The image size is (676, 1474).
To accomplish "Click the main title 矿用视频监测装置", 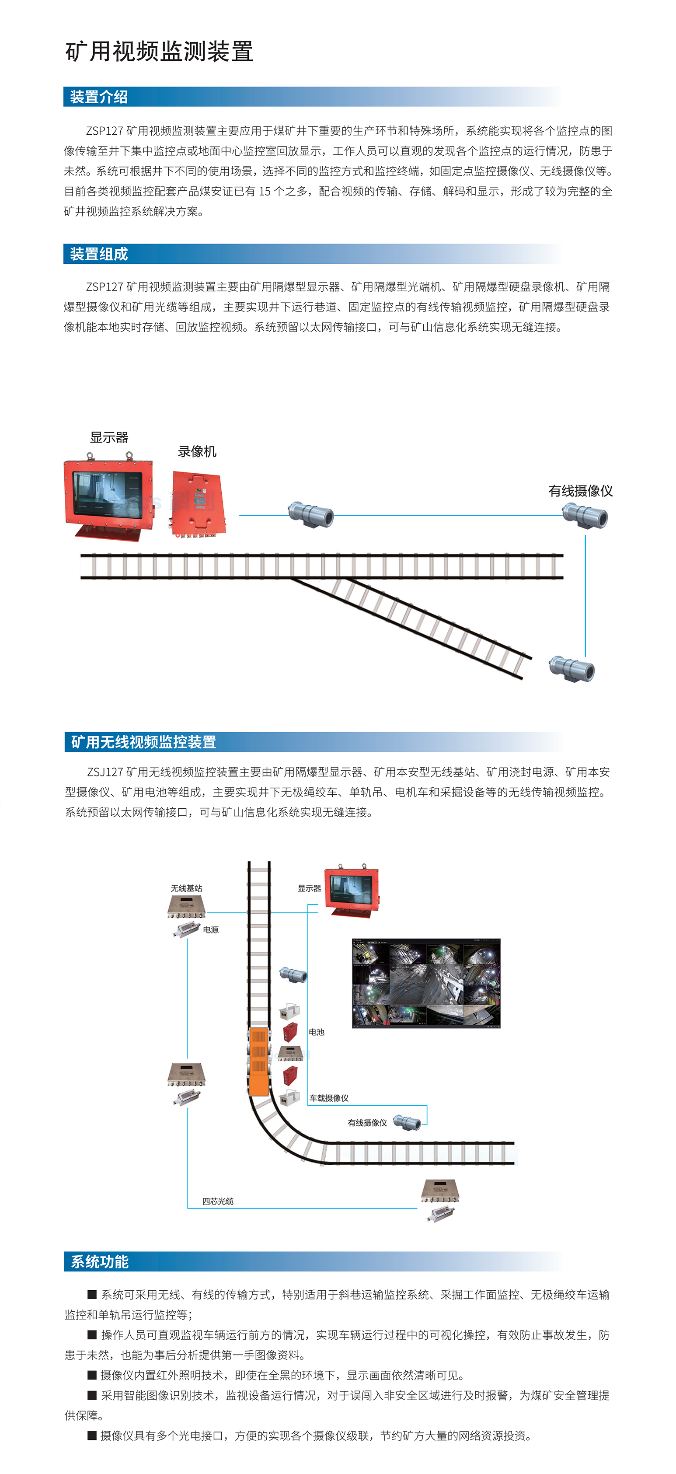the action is [160, 52].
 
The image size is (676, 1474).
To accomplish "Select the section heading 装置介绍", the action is [99, 97].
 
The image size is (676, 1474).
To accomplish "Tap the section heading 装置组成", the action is [99, 254].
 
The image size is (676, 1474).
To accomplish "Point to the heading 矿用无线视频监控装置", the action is [143, 742].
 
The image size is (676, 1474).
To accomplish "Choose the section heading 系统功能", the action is [100, 1262].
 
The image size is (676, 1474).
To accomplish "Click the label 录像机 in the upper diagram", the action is [197, 451].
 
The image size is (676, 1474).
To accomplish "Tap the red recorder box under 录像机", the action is [199, 503].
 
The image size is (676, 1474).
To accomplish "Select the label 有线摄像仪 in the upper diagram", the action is [581, 491].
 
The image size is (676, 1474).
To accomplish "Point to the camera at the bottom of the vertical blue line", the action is [572, 668].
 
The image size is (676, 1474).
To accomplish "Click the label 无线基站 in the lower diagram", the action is [186, 888].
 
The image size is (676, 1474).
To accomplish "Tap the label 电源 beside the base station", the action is [211, 930].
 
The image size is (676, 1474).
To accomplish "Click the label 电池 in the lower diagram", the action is [316, 1032].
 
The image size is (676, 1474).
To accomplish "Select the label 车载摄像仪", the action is [329, 1098].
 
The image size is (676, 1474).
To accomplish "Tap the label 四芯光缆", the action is [218, 1201].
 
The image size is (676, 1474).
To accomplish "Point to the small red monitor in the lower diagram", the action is [352, 891].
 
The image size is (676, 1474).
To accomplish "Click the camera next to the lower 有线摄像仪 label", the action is [407, 1123].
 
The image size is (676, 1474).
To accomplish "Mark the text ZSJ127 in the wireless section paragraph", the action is [105, 772].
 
